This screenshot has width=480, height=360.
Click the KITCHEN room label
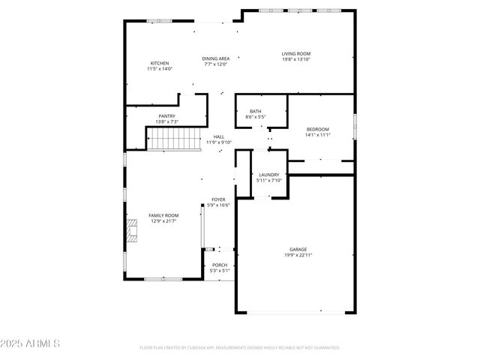[x=160, y=63]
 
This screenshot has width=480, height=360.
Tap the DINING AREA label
[x=215, y=58]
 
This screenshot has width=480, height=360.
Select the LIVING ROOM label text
[x=295, y=53]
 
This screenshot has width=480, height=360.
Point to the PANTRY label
[x=166, y=115]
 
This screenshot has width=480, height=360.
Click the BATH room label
[x=256, y=112]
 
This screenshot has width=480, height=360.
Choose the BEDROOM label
[x=317, y=129]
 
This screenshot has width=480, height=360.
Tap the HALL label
[x=219, y=136]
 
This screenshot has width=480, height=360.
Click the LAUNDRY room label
[x=268, y=175]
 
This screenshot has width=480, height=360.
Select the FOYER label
[x=218, y=199]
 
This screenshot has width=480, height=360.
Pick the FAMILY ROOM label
[x=163, y=215]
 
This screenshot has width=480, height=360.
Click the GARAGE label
[x=298, y=249]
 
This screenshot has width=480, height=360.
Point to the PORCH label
[x=220, y=265]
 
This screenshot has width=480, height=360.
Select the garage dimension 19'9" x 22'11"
[x=298, y=255]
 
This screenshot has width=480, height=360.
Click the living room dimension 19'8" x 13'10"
[x=295, y=59]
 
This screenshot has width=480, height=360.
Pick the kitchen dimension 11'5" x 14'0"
[x=160, y=69]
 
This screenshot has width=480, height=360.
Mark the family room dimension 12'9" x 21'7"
[x=163, y=221]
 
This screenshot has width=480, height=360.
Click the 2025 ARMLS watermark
[x=30, y=343]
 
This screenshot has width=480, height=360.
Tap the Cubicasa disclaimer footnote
[x=240, y=348]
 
